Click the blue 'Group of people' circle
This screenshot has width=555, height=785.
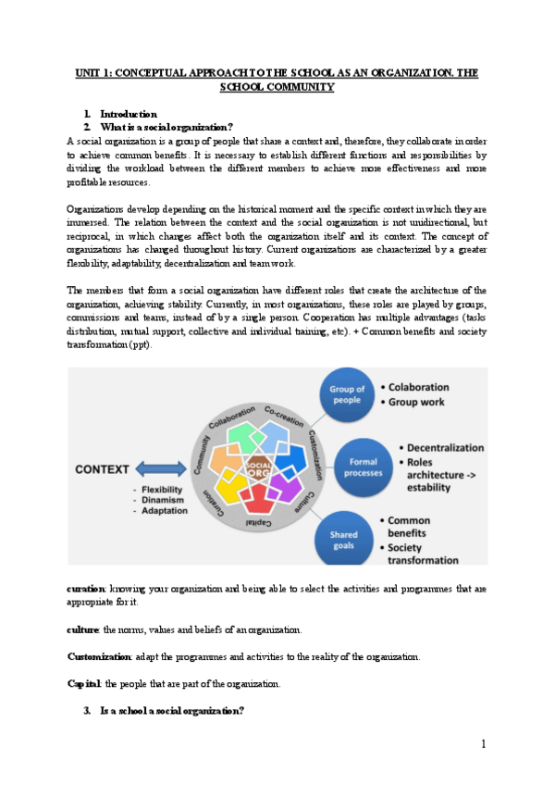(347, 396)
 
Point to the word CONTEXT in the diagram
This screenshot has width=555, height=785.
(103, 469)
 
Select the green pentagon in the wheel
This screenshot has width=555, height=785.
(243, 439)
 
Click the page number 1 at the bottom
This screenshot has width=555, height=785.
(483, 744)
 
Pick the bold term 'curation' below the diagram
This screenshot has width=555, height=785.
(86, 589)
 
